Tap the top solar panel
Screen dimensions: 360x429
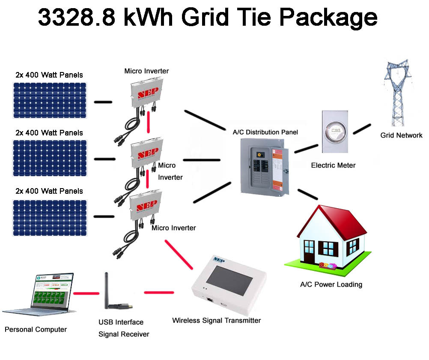[x=49, y=100]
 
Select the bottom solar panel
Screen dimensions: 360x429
[x=49, y=218]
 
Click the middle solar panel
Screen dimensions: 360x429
[x=49, y=158]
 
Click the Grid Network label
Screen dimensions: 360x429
[x=401, y=135]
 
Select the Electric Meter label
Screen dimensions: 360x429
[x=333, y=165]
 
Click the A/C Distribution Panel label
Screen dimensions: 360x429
[x=265, y=132]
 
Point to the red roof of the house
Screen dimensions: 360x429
[x=338, y=223]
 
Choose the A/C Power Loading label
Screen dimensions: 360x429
[x=331, y=284]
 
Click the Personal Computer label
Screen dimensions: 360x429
[x=36, y=330]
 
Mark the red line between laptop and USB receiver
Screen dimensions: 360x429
[x=84, y=294]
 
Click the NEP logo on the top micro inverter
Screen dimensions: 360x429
[x=147, y=93]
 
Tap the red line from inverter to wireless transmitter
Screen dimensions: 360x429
[x=179, y=255]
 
